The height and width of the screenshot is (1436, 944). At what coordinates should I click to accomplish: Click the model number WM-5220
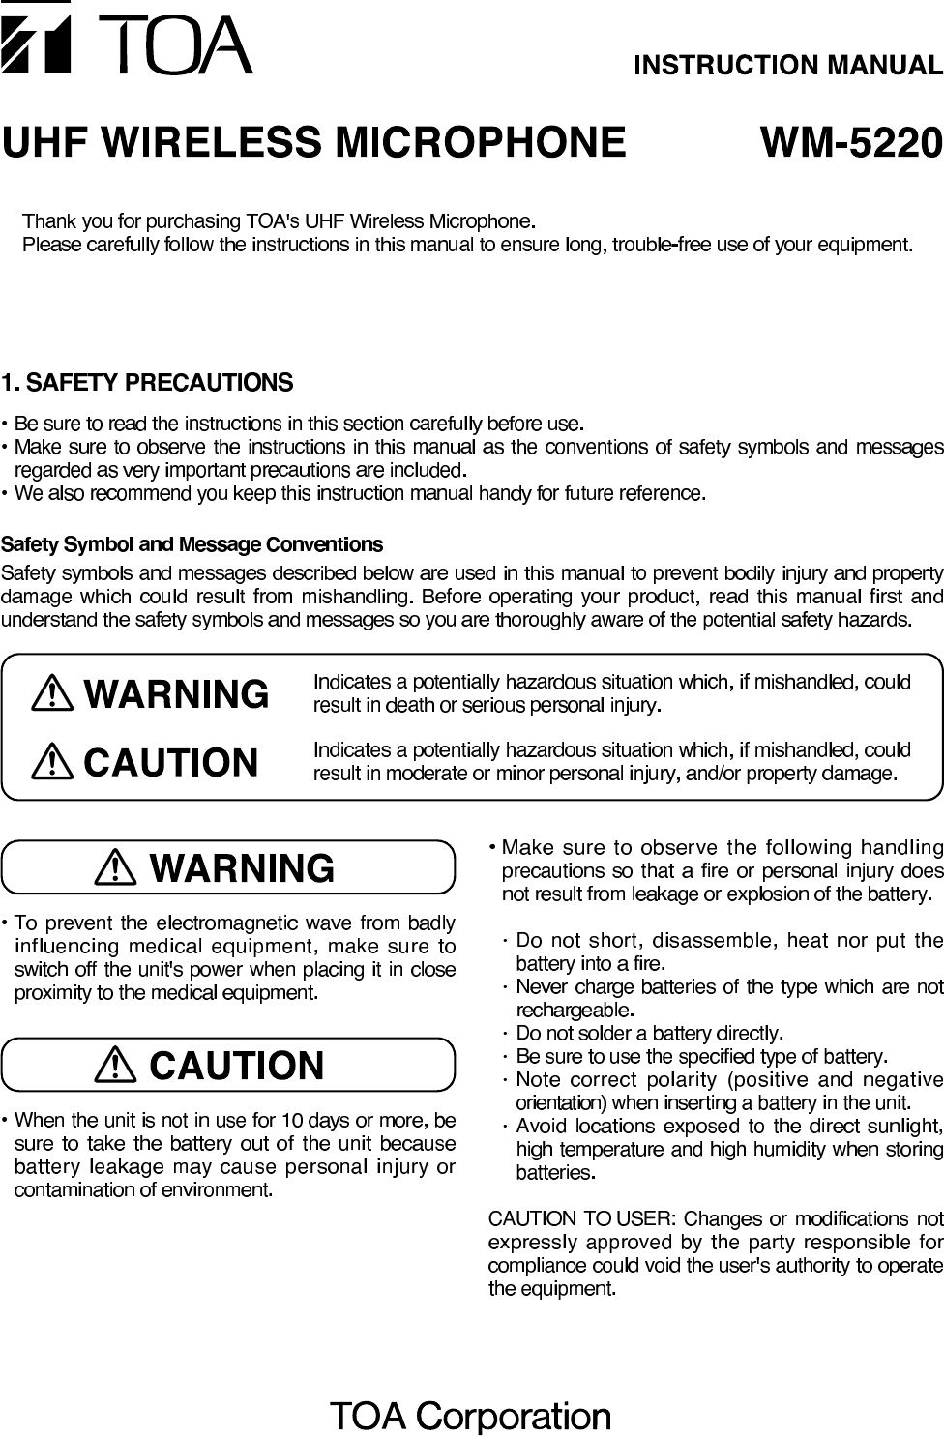(x=850, y=143)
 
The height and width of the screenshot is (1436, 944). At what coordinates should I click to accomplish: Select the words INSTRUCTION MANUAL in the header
(x=787, y=66)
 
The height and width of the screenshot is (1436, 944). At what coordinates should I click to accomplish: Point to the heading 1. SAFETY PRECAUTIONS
(x=147, y=383)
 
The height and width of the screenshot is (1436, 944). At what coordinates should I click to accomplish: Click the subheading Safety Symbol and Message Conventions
(x=192, y=544)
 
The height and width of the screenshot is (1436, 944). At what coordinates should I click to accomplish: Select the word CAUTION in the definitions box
(x=172, y=763)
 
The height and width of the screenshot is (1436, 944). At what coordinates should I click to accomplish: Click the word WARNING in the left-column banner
(x=243, y=867)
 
